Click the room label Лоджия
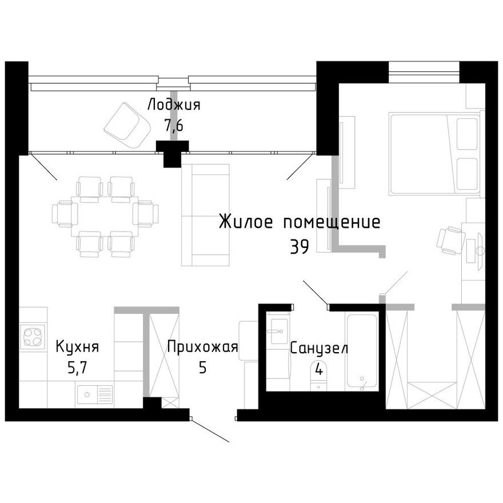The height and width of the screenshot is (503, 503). click(x=174, y=105)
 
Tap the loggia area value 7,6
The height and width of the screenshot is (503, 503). click(x=174, y=126)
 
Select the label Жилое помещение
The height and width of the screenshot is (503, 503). click(x=299, y=222)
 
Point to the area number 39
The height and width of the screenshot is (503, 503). click(x=299, y=246)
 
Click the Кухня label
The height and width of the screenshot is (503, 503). click(x=78, y=347)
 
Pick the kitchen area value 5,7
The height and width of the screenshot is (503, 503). click(x=78, y=368)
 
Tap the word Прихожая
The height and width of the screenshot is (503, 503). click(x=202, y=347)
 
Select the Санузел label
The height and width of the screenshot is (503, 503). click(x=318, y=348)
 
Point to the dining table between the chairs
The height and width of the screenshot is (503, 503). click(x=105, y=217)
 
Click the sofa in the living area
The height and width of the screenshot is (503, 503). click(x=205, y=215)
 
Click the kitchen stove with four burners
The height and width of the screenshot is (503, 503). click(x=33, y=336)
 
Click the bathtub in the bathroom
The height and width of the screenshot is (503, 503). click(x=361, y=351)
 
